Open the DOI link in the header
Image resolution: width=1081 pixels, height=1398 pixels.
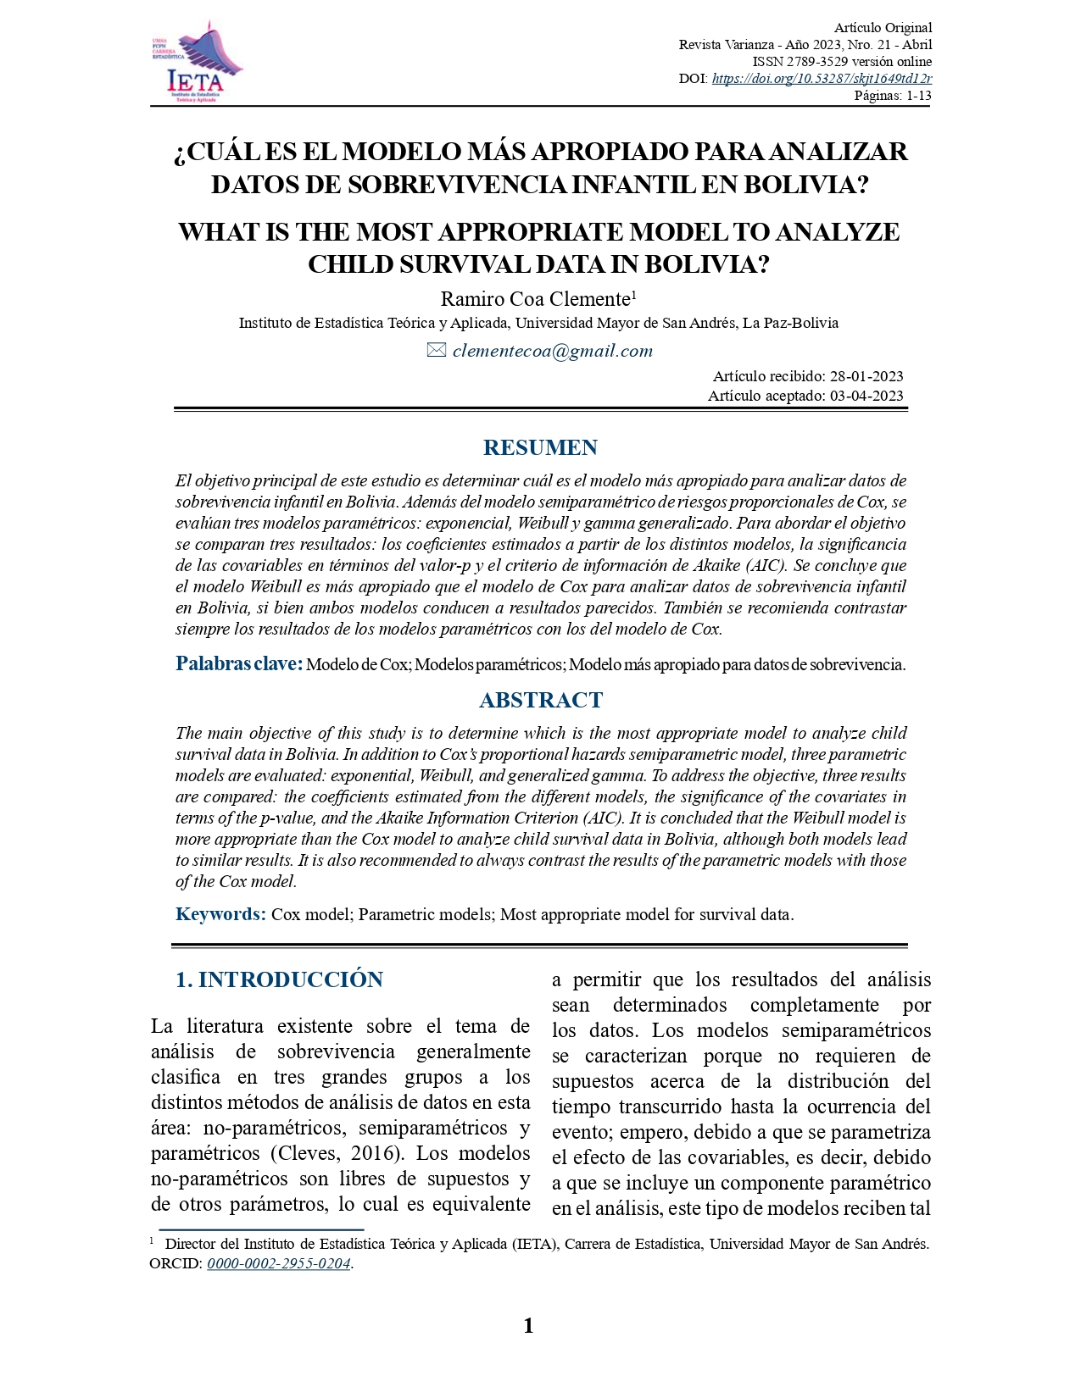822,79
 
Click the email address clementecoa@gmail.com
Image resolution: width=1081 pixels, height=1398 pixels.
552,351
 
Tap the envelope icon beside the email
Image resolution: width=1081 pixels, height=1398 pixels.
436,350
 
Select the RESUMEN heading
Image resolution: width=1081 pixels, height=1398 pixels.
540,447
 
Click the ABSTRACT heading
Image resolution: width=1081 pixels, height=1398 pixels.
540,700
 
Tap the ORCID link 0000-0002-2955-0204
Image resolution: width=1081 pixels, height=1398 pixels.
279,1263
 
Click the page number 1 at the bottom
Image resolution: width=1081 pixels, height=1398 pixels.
528,1326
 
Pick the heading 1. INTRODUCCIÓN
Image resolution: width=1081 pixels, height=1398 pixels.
279,979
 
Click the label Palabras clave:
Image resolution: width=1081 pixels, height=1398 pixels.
238,663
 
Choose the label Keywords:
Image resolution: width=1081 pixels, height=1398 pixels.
220,914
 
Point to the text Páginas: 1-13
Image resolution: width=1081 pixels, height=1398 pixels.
892,96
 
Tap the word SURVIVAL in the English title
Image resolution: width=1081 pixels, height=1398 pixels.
467,264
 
